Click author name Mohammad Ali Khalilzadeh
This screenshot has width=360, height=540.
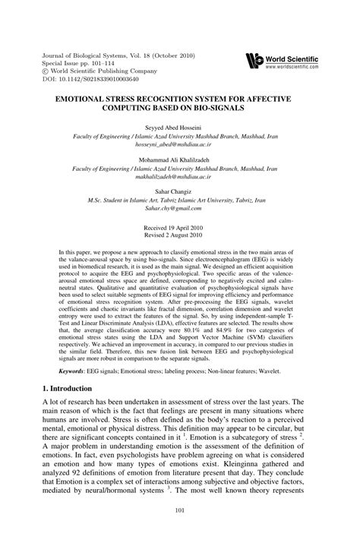(179, 160)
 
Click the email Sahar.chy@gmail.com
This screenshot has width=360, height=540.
(180, 217)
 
